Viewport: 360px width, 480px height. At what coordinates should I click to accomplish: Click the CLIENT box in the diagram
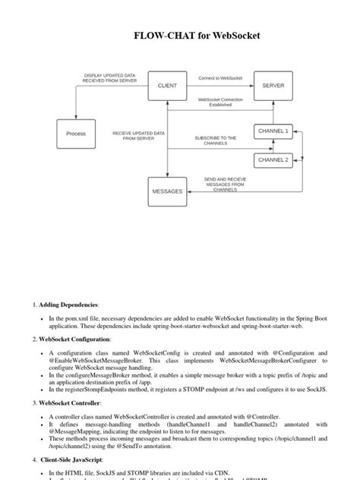(166, 86)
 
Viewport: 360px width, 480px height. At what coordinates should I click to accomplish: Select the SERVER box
(273, 86)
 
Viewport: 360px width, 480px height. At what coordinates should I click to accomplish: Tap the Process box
(76, 134)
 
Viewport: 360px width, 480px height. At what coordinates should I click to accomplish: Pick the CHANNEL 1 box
(273, 131)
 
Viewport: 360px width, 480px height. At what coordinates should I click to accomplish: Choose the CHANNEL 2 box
(273, 160)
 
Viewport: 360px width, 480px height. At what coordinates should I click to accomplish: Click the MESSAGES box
(166, 191)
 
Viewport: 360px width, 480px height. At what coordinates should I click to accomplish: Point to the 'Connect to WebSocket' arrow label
(220, 78)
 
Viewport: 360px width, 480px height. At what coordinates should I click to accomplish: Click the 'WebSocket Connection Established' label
(220, 103)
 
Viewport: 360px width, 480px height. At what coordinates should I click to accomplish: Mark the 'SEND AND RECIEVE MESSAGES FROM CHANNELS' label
(225, 185)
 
